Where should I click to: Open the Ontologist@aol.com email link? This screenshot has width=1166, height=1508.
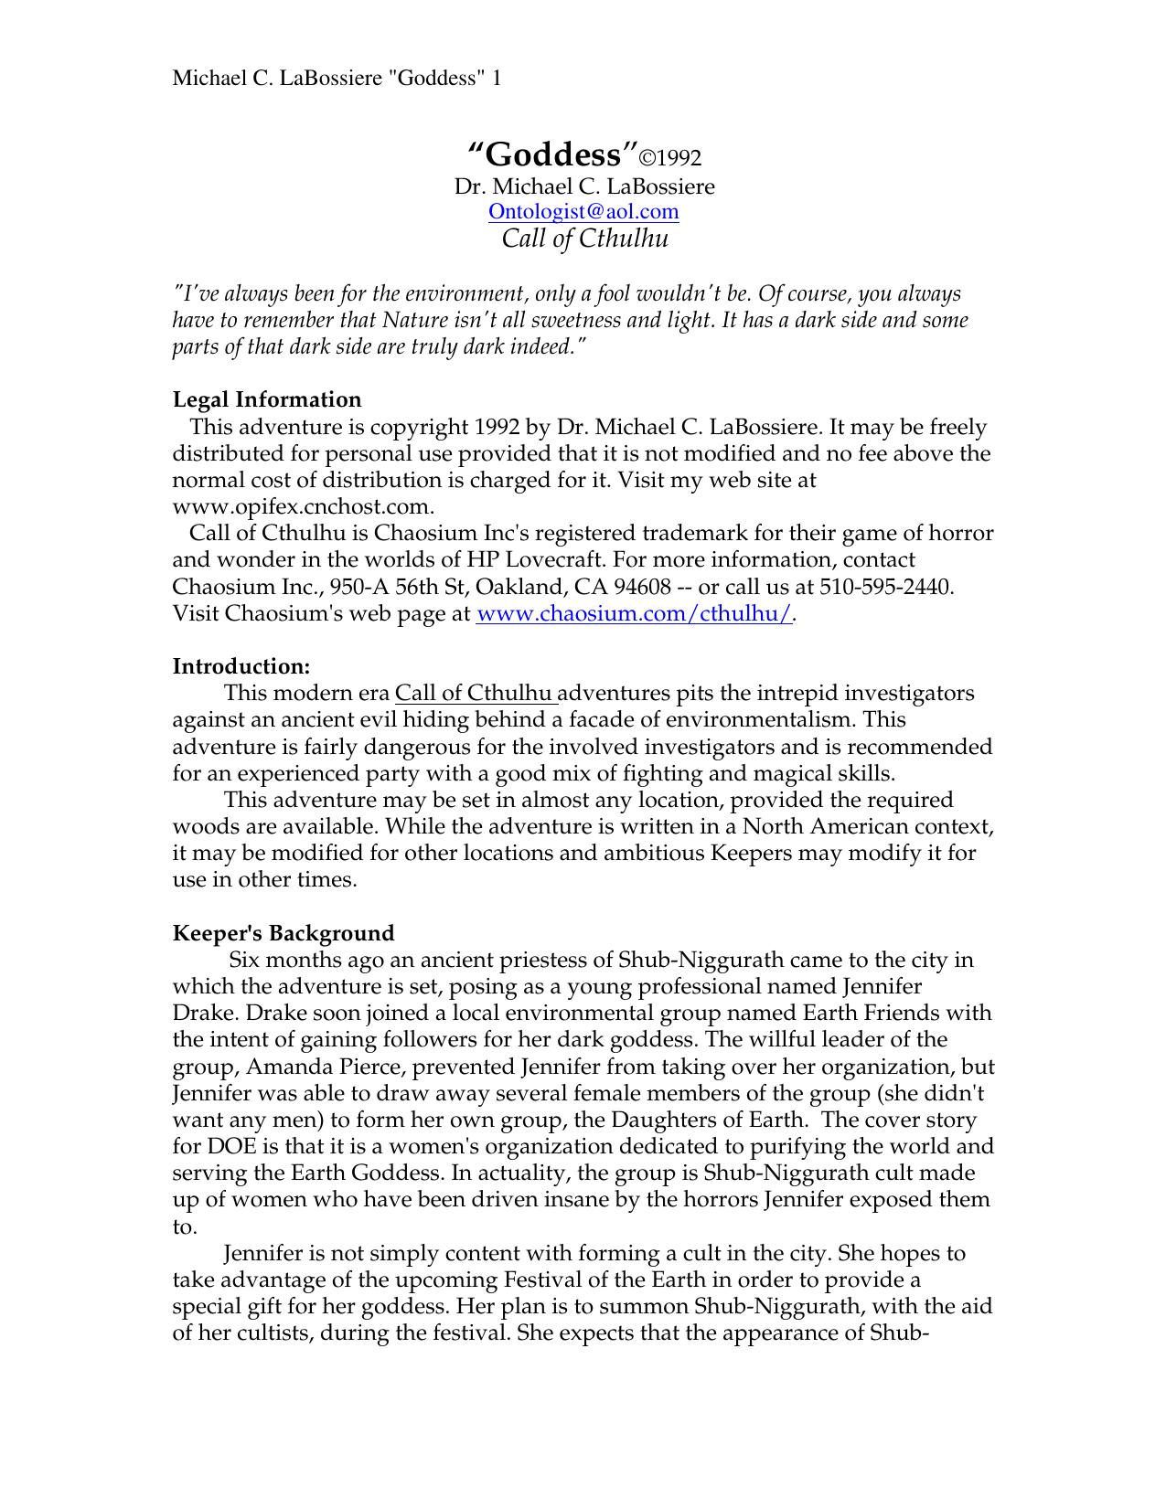583,212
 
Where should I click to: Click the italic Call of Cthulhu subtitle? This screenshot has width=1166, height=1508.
585,239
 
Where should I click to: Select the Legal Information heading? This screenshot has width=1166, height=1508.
267,399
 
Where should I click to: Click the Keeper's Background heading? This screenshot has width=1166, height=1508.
283,933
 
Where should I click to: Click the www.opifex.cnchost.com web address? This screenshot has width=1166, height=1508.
302,506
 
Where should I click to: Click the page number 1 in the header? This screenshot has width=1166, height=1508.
497,79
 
